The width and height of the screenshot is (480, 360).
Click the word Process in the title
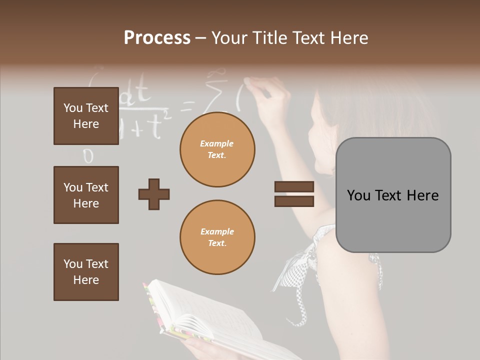[157, 38]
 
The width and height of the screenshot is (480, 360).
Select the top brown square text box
[86, 116]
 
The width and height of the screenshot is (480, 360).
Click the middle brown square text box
[86, 195]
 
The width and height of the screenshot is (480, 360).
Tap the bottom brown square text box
[86, 272]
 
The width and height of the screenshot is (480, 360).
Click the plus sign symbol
[154, 194]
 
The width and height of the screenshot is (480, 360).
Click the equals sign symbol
[294, 194]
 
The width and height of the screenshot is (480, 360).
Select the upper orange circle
[217, 149]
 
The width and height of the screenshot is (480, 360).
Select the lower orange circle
[217, 237]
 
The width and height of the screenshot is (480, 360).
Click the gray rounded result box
[393, 195]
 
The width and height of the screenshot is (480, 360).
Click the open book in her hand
[210, 320]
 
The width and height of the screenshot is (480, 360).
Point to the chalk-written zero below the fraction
[88, 156]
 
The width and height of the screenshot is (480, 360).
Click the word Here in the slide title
[348, 38]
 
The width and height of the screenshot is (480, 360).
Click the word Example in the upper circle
[217, 143]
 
